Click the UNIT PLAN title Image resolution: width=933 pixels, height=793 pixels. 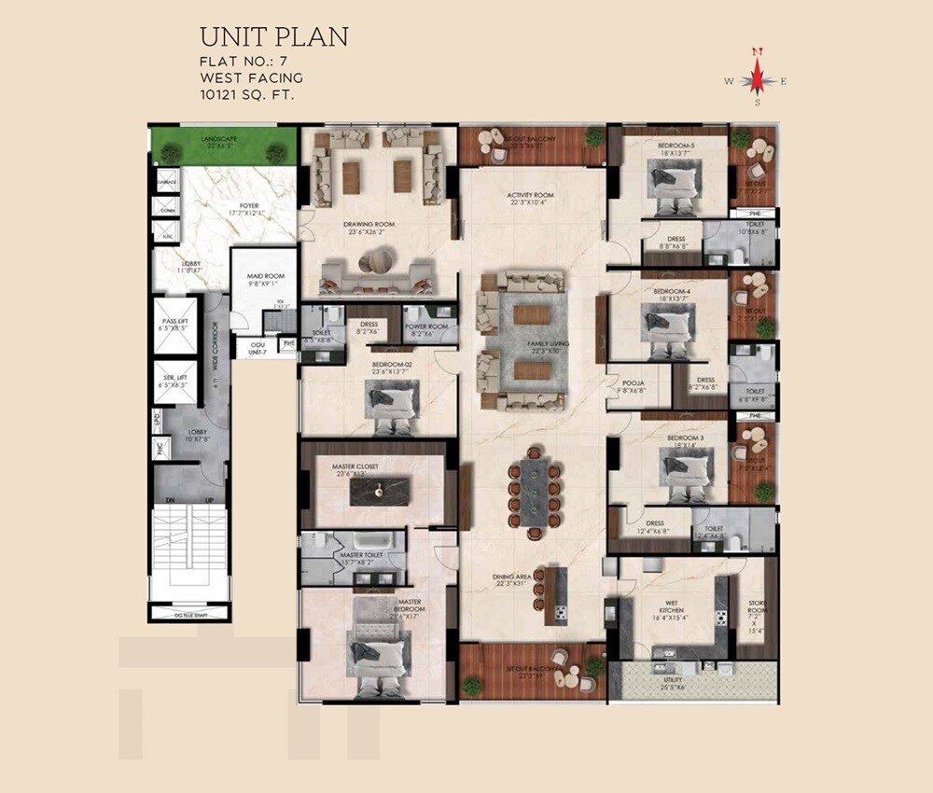coord(273,37)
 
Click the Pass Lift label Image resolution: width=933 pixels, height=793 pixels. coord(175,325)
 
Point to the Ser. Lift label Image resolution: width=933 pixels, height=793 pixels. coord(175,380)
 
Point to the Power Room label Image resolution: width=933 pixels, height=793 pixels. coord(427,329)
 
